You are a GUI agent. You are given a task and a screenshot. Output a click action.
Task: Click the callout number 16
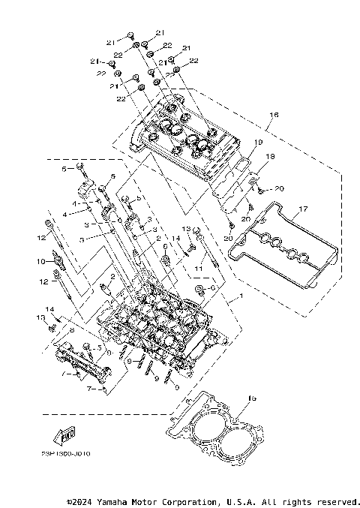274,115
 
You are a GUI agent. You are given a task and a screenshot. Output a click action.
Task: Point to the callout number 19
257,142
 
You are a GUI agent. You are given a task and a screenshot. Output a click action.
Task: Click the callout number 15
252,398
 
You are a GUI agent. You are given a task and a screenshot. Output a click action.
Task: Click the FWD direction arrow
65,434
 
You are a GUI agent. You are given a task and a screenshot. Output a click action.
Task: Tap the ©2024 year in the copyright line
80,500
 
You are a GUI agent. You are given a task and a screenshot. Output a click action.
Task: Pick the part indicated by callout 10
60,262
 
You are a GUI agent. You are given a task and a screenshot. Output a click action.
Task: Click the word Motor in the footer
146,500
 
